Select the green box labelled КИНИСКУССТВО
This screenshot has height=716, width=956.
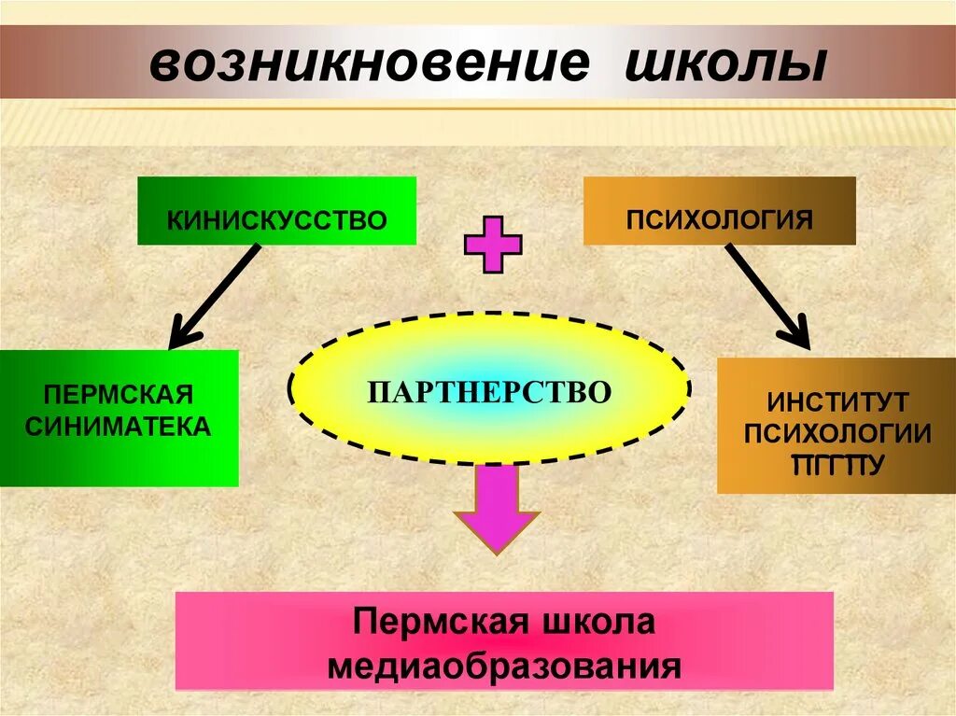(276, 212)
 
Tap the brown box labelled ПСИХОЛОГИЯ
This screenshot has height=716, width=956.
(719, 212)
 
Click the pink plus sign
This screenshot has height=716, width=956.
(493, 245)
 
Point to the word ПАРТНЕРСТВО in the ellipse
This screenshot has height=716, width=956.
(489, 390)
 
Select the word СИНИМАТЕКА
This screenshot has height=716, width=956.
(118, 427)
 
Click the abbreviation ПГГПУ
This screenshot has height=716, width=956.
(837, 463)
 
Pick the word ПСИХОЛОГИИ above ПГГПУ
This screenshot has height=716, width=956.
(837, 433)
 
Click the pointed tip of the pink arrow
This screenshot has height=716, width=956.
(497, 551)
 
